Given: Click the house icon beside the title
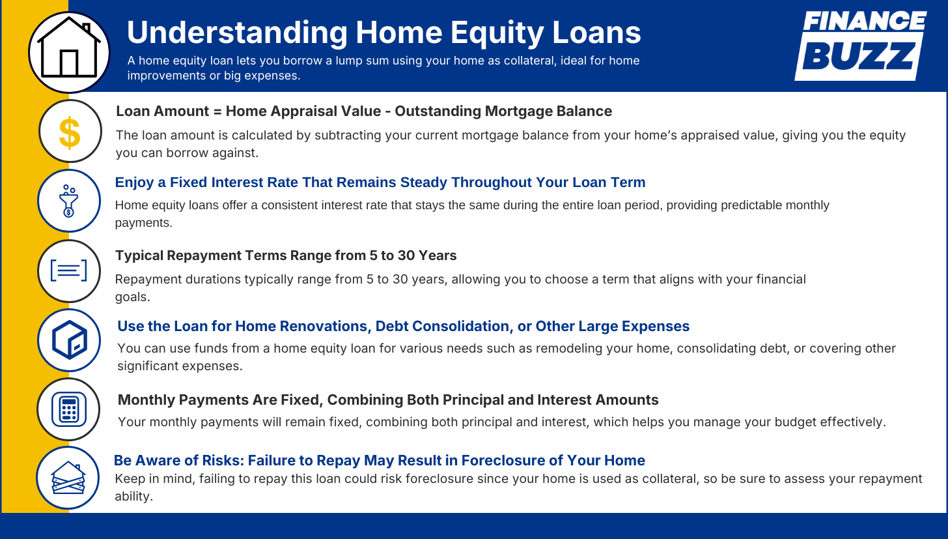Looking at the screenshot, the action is pyautogui.click(x=69, y=48).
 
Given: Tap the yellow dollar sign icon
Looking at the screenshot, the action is pyautogui.click(x=70, y=133).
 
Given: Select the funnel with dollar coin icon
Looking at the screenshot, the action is pyautogui.click(x=69, y=201).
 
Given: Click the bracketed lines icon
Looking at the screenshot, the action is pyautogui.click(x=68, y=270).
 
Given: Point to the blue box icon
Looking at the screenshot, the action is pyautogui.click(x=70, y=340).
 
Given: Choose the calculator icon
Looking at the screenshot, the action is pyautogui.click(x=68, y=409).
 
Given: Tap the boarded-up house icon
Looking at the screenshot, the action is pyautogui.click(x=68, y=478).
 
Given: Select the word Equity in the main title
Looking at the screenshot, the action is pyautogui.click(x=497, y=33).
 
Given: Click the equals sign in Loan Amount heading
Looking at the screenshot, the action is pyautogui.click(x=217, y=111).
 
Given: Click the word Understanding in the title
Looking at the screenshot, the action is pyautogui.click(x=237, y=33).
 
